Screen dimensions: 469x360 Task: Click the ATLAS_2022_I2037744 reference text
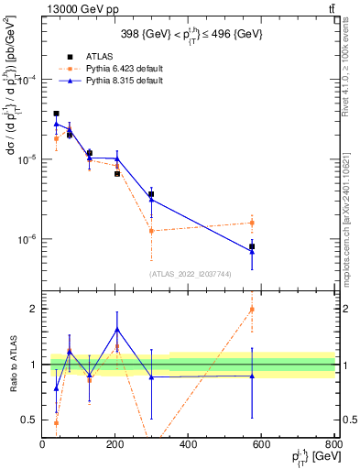(x=188, y=274)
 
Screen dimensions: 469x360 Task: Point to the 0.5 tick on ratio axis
(x=30, y=420)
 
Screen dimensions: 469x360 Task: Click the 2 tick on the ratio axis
(x=35, y=309)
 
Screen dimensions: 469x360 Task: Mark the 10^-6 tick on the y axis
(x=28, y=239)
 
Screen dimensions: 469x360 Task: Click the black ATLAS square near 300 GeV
(x=151, y=194)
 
